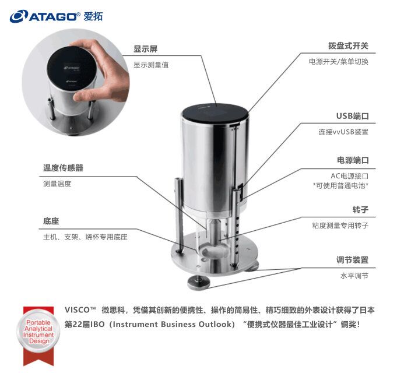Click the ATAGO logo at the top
(x=56, y=16)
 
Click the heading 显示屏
(x=146, y=48)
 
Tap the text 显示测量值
(x=151, y=65)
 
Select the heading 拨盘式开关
(x=348, y=45)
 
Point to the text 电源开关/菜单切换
(x=339, y=61)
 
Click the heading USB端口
(x=352, y=116)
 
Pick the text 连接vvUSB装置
(x=343, y=132)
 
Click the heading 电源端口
(x=353, y=160)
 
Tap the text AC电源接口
(x=350, y=175)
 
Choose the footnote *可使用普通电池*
(x=341, y=186)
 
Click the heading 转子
(x=360, y=209)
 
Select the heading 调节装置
(x=352, y=259)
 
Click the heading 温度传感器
(x=63, y=168)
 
